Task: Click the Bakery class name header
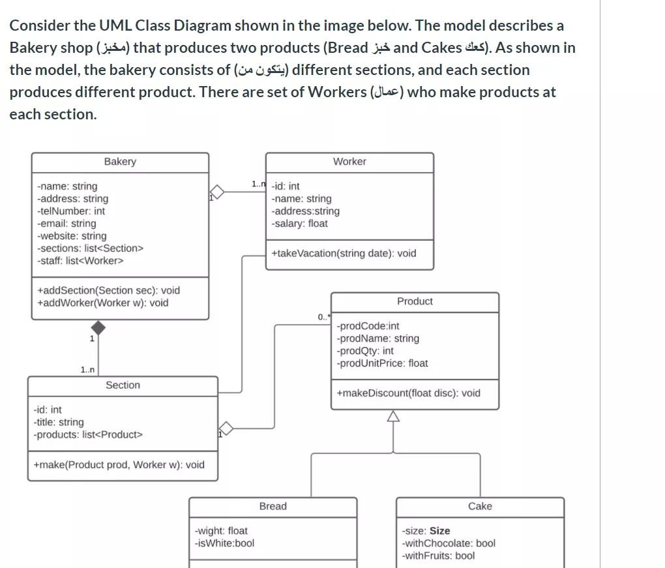120,162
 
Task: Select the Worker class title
349,162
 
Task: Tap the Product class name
415,301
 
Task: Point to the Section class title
123,385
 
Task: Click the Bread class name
273,507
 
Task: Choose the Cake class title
480,507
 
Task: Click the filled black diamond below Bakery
98,327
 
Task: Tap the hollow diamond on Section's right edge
226,429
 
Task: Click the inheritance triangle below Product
393,416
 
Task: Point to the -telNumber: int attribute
71,211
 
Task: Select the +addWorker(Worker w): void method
102,303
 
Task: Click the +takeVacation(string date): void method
344,254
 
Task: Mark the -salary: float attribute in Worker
300,224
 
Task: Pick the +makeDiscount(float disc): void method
408,393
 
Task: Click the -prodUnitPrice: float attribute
382,363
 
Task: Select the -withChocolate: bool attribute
449,543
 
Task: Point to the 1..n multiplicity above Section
87,370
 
